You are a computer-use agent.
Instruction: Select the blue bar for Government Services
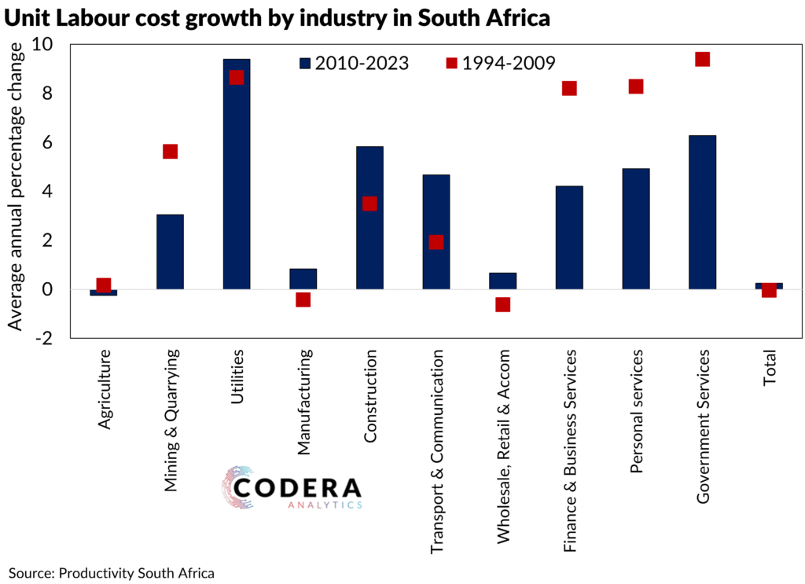pyautogui.click(x=702, y=212)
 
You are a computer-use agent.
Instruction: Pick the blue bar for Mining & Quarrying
pyautogui.click(x=170, y=252)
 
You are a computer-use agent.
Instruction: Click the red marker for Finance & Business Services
pyautogui.click(x=569, y=88)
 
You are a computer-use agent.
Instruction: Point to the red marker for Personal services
pyautogui.click(x=636, y=86)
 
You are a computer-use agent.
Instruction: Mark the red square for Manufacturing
pyautogui.click(x=303, y=299)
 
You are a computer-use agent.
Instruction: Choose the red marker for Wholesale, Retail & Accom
pyautogui.click(x=503, y=304)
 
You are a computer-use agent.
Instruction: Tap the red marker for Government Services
pyautogui.click(x=703, y=60)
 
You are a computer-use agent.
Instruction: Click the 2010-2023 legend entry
pyautogui.click(x=354, y=63)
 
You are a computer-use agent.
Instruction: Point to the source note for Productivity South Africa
pyautogui.click(x=112, y=572)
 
